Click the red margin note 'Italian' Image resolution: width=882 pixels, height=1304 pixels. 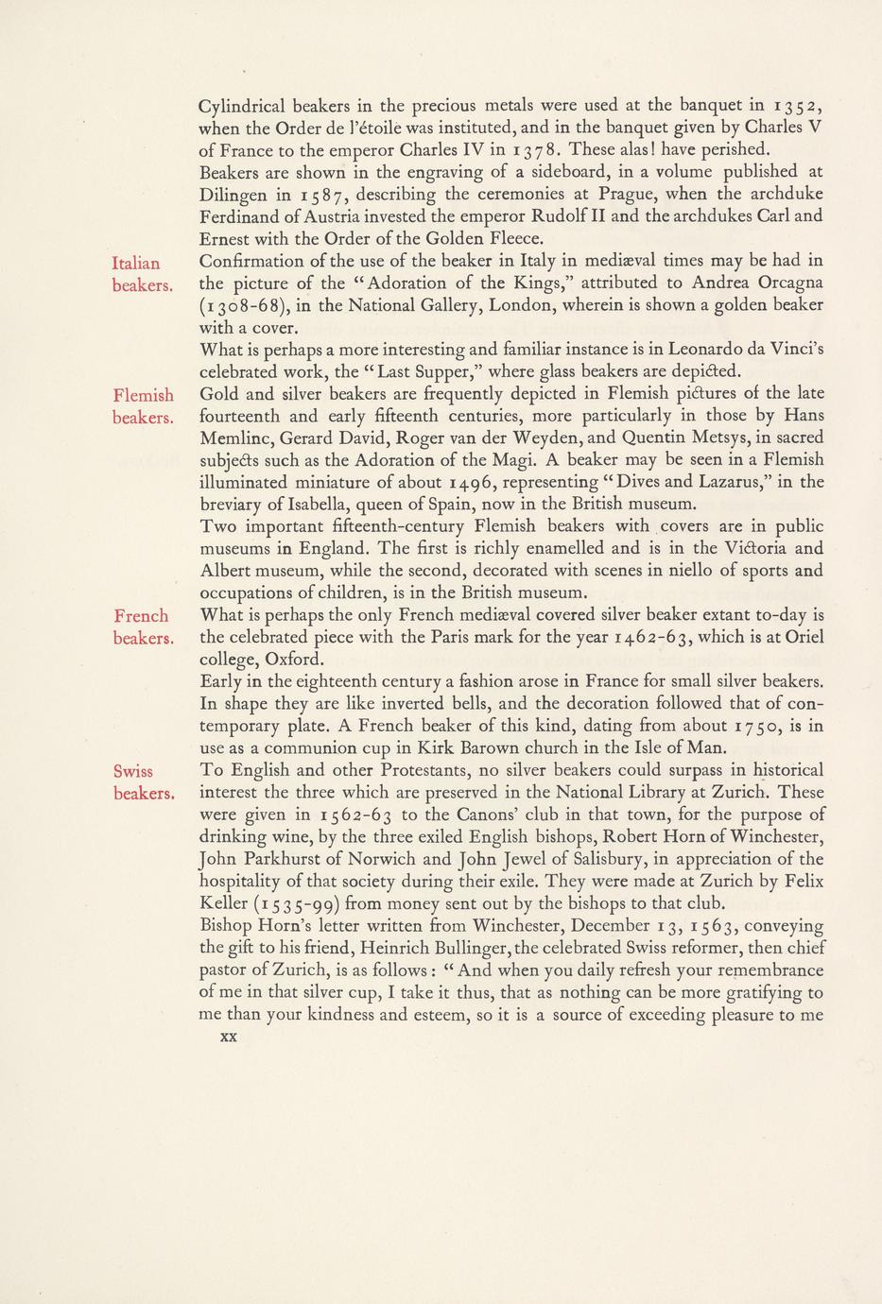click(x=136, y=264)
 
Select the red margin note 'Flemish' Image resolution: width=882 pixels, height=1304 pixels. click(x=143, y=395)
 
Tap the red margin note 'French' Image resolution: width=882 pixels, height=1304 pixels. click(x=141, y=616)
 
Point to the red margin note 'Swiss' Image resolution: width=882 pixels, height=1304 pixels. click(x=133, y=771)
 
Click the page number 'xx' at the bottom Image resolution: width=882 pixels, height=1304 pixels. click(x=227, y=1036)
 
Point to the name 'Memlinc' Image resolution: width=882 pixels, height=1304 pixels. click(x=240, y=438)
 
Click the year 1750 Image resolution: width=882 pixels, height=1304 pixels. click(x=763, y=726)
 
